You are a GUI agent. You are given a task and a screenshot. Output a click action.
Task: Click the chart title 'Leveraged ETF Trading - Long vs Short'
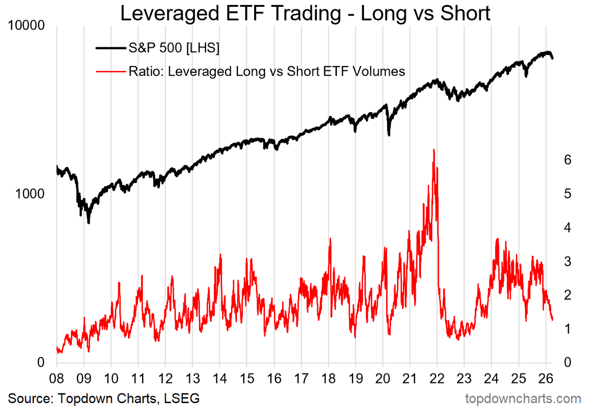tap(305, 13)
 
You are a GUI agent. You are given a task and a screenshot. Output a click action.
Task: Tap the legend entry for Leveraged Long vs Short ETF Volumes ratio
tap(266, 71)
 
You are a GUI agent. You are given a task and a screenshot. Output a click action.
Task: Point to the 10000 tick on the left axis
tap(28, 25)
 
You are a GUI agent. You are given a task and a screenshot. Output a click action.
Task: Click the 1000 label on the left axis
tap(32, 194)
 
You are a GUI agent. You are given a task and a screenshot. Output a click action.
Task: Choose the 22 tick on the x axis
tap(437, 378)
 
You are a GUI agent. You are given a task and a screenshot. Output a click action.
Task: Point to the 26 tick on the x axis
tap(545, 378)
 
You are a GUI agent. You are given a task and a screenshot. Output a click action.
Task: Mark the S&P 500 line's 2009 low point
tap(89, 222)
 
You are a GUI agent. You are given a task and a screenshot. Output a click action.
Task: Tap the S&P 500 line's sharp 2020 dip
tap(389, 134)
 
